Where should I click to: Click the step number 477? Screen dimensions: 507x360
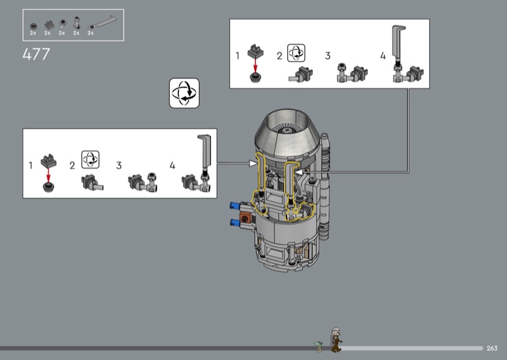36,54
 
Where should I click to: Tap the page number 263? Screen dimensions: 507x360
492,348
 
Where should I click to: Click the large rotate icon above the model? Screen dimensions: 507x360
184,93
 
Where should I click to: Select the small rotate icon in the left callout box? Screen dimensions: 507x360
90,160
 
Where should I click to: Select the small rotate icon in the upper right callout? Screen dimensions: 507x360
296,53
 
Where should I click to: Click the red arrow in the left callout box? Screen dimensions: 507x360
49,175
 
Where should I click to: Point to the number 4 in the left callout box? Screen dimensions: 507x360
172,165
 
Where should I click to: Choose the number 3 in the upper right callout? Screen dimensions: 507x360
328,56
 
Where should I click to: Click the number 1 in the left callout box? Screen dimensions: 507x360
30,165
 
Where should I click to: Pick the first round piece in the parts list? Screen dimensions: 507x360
34,26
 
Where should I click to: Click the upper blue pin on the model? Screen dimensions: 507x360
235,205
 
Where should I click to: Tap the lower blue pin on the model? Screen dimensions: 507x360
235,222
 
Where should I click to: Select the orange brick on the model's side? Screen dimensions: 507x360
245,218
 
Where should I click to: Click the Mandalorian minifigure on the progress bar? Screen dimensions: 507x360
336,339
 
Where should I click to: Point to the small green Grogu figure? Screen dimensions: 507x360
319,346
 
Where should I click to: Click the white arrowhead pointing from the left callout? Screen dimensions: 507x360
253,164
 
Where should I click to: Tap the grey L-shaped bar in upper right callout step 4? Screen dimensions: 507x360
398,41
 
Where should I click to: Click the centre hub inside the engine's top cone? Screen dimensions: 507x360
287,131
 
